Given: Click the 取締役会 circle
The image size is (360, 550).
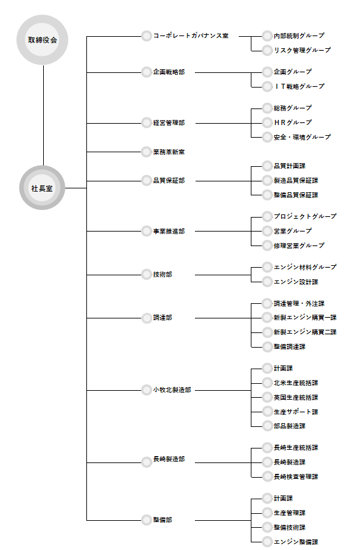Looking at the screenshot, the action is pos(42,39).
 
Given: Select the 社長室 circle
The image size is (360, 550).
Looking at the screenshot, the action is pos(42,188).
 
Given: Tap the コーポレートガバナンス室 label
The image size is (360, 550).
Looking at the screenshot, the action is pos(190,36).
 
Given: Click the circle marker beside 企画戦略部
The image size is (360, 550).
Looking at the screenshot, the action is pos(147,72).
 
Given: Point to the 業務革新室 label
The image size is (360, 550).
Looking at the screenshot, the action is pos(169,152).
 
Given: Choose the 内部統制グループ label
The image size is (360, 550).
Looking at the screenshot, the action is pos(299,36).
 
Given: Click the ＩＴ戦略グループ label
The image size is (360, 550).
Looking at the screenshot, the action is pos(299,86).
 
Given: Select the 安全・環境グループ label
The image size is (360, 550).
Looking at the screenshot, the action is pos(302,137).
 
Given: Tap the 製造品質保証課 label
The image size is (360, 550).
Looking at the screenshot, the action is pos(296,181).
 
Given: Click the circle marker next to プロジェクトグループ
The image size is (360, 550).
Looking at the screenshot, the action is pos(267,216).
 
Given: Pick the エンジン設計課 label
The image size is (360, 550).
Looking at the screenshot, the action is pos(296,282).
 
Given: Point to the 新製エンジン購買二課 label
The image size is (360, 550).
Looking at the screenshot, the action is pos(305,332).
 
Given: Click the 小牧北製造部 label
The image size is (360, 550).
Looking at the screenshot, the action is pos(172,390).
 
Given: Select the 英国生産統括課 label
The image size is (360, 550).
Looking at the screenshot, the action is pos(296,397).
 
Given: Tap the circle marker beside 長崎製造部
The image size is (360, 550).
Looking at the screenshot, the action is pos(147,462).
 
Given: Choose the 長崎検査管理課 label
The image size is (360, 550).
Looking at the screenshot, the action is pos(296,476).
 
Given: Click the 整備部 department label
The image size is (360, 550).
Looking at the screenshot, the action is pos(163,520).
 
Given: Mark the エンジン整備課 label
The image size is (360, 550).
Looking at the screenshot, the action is pos(296,542).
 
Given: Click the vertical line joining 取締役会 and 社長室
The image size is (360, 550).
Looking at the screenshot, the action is pos(44,115).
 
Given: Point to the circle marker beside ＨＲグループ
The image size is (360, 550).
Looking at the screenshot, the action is pos(267,122).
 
